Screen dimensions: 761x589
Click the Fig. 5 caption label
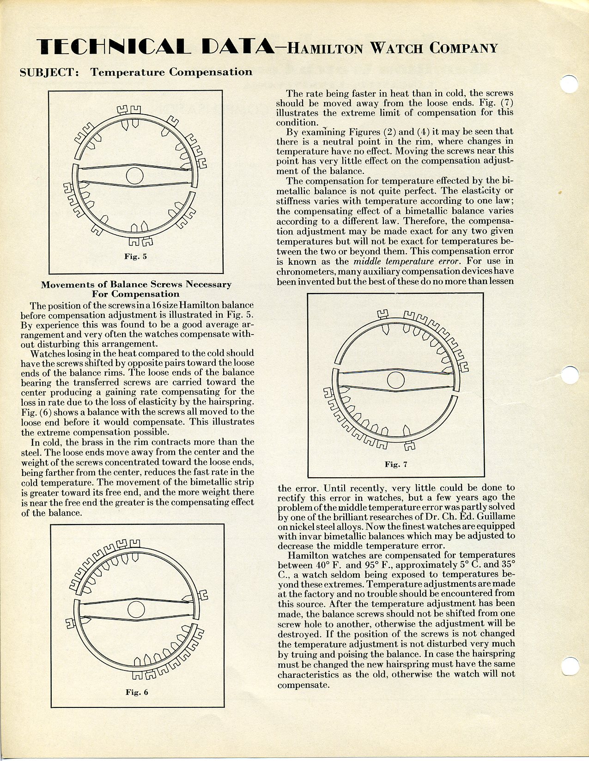point(135,256)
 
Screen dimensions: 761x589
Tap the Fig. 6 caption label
point(137,692)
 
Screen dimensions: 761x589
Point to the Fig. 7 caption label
point(396,464)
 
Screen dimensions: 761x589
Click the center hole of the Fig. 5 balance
point(135,176)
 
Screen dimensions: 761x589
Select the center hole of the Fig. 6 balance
point(136,609)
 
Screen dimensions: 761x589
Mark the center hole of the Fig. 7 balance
point(395,380)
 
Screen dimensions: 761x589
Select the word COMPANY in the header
point(464,48)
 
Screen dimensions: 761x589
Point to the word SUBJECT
point(49,73)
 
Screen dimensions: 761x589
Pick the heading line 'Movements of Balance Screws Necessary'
point(136,284)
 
